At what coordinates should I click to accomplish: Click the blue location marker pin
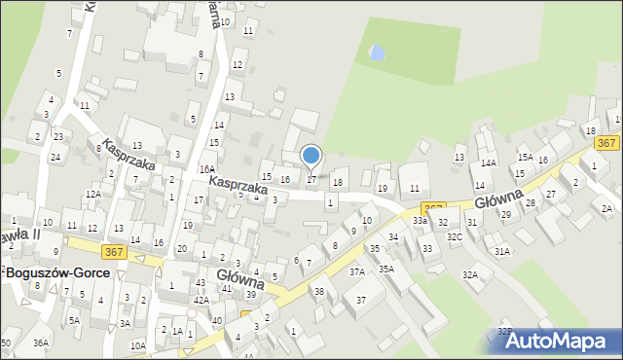tap(311, 156)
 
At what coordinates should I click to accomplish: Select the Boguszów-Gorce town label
tap(55, 274)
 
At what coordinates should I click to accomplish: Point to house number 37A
tap(357, 272)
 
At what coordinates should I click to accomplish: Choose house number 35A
tap(386, 269)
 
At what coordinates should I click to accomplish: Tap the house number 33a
tap(420, 221)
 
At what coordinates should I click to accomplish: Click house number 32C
tap(455, 236)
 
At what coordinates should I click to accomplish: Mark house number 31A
tap(502, 251)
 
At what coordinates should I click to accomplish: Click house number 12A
tap(92, 195)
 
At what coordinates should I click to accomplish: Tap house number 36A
tap(40, 342)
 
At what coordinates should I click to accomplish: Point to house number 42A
tap(201, 301)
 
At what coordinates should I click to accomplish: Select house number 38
tap(318, 291)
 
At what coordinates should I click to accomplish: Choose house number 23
tap(58, 136)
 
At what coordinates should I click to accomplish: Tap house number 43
tap(200, 282)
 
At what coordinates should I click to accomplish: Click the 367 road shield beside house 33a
tap(434, 209)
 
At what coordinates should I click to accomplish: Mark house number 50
tap(6, 342)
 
